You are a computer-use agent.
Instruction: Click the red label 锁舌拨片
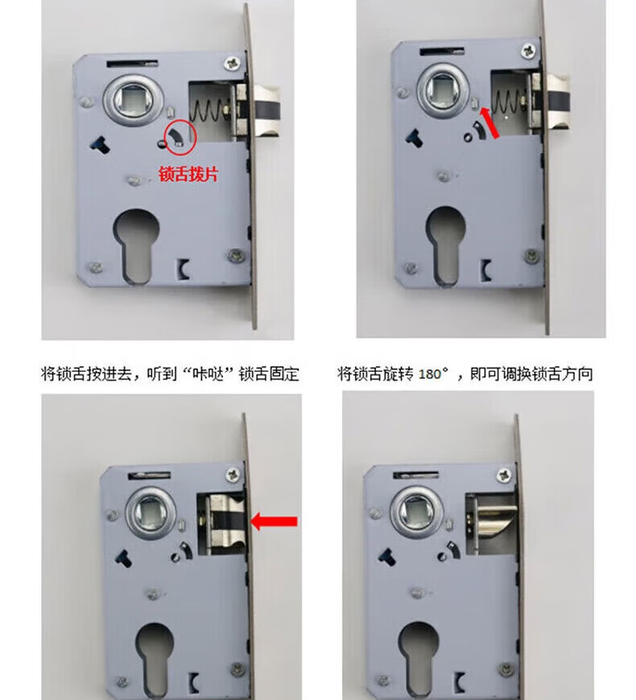[188, 174]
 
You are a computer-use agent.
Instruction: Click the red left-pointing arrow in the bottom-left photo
[275, 521]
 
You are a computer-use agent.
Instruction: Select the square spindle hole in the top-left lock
[132, 99]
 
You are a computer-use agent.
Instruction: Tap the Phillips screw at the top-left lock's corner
[232, 63]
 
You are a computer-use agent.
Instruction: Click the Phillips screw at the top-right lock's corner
[529, 51]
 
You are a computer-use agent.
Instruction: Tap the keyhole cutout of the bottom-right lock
[418, 658]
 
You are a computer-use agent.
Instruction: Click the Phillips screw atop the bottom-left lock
[233, 474]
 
